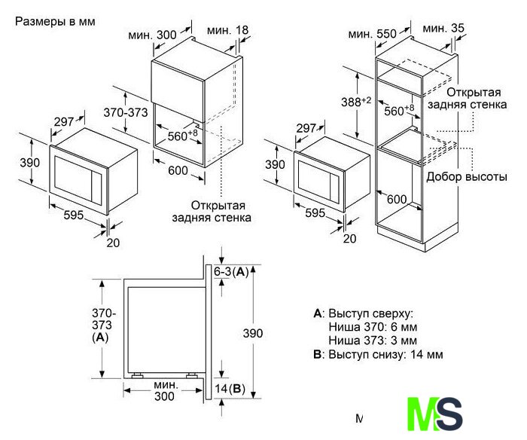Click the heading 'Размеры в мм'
tap(55, 22)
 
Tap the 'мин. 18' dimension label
tap(227, 30)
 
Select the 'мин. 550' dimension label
tap(372, 34)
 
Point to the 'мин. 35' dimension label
tap(443, 29)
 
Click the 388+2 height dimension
tap(356, 101)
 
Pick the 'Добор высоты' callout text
tap(467, 177)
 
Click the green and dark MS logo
tap(434, 414)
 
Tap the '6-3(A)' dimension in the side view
tap(231, 271)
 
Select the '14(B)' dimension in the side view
tap(230, 389)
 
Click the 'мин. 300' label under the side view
tap(164, 390)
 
